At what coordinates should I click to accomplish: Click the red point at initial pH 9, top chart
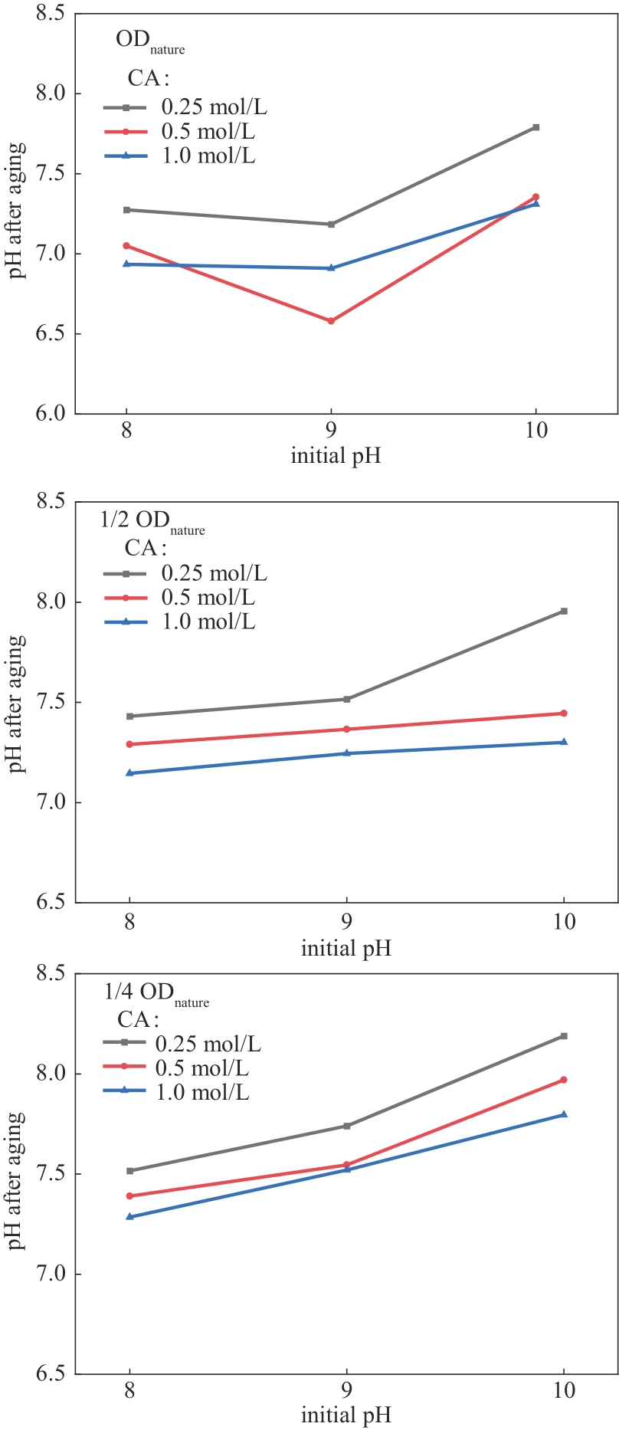tap(331, 321)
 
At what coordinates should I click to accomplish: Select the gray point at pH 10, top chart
tap(536, 127)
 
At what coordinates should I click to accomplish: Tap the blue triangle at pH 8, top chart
tap(126, 264)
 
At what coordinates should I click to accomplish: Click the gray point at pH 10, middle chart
tap(565, 611)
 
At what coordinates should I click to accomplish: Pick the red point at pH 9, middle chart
tap(347, 730)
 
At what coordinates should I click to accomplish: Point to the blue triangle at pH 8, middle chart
tap(130, 773)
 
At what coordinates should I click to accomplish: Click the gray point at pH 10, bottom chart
tap(565, 1036)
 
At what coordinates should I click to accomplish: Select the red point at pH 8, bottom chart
tap(130, 1195)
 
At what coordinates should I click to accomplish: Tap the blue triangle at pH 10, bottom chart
tap(565, 1114)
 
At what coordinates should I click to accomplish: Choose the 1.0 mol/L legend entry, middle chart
tap(208, 622)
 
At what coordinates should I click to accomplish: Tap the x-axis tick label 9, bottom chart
tap(347, 1390)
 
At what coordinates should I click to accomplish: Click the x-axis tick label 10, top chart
tap(536, 430)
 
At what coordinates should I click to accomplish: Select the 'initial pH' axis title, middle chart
tap(346, 949)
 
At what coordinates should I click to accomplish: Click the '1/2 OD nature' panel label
tap(152, 521)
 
